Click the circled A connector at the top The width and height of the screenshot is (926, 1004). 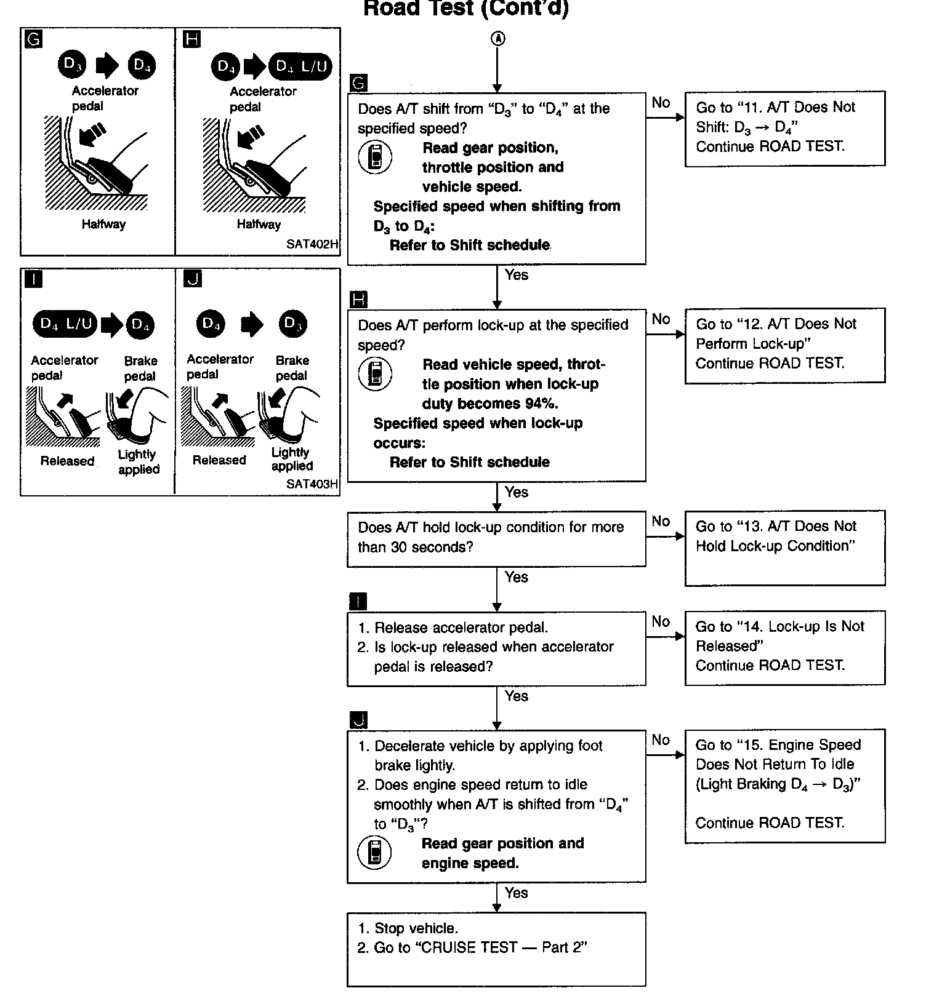click(497, 38)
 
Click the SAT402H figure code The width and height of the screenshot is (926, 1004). click(312, 244)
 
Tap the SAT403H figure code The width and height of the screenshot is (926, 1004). click(312, 484)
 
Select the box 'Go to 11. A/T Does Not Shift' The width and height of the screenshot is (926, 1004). click(784, 128)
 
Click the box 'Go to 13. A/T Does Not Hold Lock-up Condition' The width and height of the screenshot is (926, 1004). click(784, 547)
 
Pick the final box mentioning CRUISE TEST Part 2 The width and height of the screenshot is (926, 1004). click(496, 949)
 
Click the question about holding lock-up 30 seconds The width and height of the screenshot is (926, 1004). click(496, 538)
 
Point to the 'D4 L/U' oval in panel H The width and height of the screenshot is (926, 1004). click(301, 66)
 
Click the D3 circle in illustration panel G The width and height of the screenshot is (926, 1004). click(72, 65)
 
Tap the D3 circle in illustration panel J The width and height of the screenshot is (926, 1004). click(292, 324)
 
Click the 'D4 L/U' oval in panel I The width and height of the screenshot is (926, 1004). click(65, 324)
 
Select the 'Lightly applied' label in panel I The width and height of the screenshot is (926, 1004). click(139, 462)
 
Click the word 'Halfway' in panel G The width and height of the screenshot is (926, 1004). click(103, 224)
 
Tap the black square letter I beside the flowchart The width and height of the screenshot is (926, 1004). click(358, 601)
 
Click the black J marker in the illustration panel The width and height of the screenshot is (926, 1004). click(193, 279)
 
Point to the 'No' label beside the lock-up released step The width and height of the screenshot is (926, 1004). click(661, 621)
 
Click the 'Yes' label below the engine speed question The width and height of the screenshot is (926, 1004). click(516, 893)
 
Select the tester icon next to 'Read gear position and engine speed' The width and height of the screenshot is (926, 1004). click(374, 853)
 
